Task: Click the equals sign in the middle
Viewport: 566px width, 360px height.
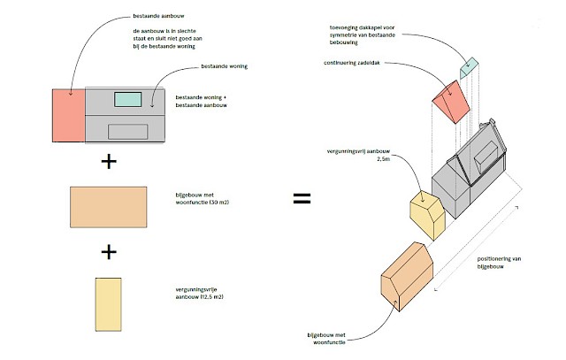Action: (x=302, y=198)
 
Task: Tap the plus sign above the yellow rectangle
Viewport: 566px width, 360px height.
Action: (x=109, y=252)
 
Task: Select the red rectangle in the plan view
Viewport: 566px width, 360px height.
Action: (x=69, y=115)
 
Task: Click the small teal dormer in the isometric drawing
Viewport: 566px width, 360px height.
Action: (x=469, y=66)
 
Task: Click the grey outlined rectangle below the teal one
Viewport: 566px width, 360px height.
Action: (x=127, y=131)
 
